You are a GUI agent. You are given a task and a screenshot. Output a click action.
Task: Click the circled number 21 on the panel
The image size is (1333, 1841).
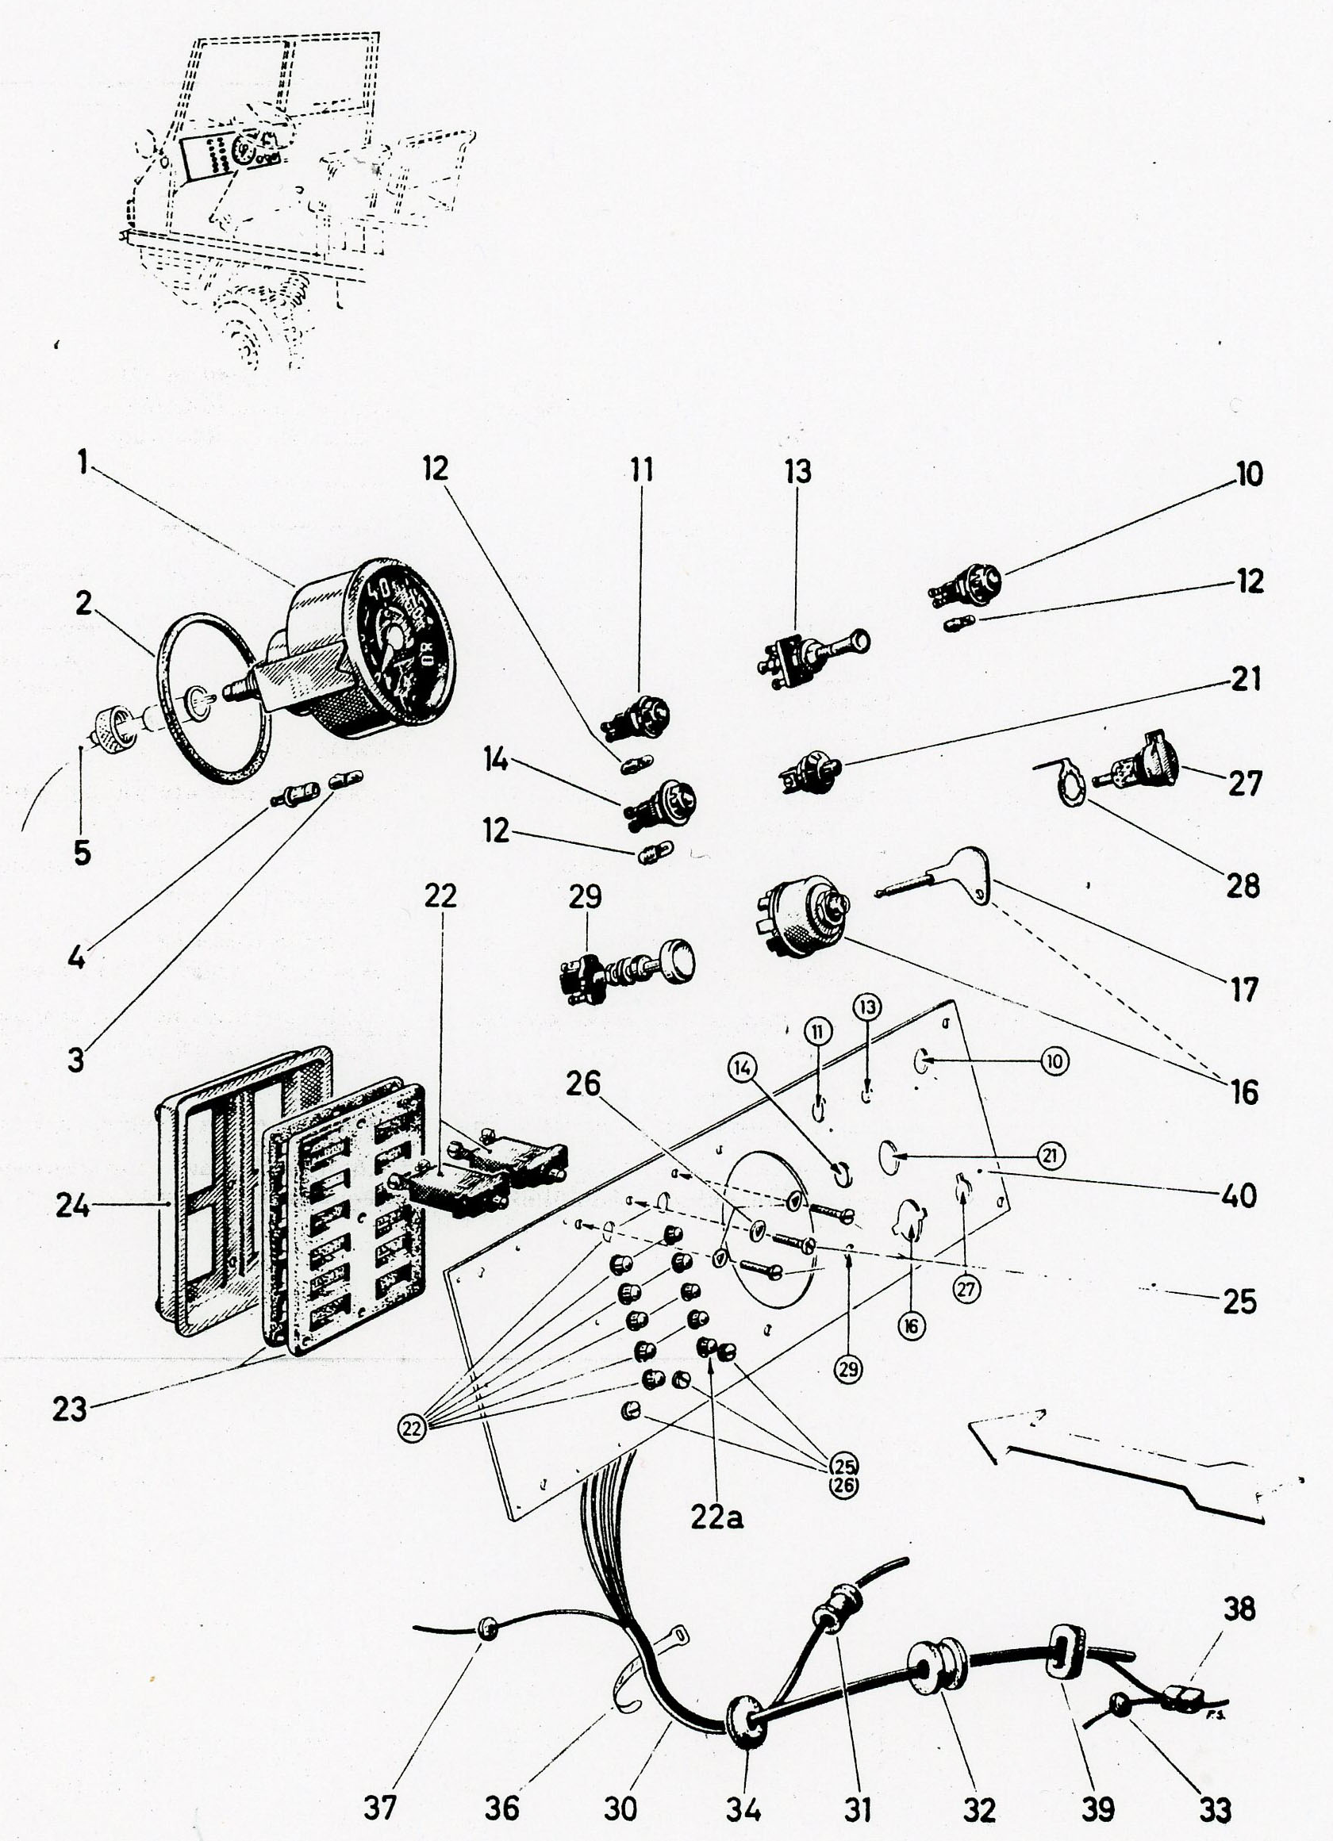click(x=1052, y=1155)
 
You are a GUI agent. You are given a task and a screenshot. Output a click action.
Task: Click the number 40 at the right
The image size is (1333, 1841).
click(x=1239, y=1195)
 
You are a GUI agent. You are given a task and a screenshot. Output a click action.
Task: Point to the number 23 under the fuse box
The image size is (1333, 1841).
click(x=69, y=1409)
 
